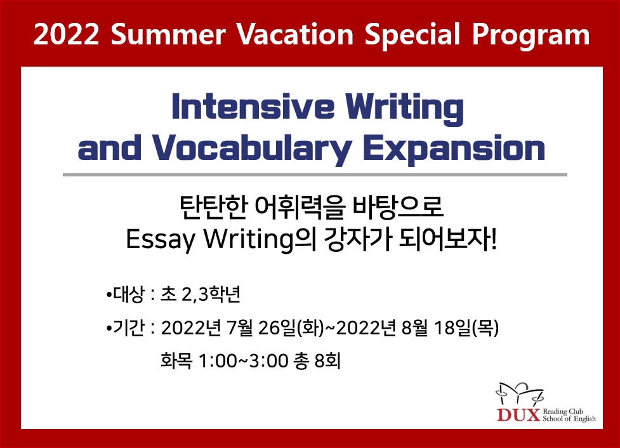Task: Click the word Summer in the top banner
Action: (x=168, y=34)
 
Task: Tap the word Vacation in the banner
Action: (x=294, y=34)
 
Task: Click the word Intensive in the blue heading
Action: (x=253, y=107)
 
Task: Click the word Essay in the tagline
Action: (x=161, y=240)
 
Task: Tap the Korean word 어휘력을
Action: (x=300, y=207)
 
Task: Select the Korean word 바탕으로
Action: (x=397, y=207)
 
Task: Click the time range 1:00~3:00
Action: (x=243, y=360)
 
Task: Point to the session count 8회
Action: (x=327, y=360)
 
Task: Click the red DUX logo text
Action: (x=518, y=415)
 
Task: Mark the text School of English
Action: (x=569, y=419)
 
